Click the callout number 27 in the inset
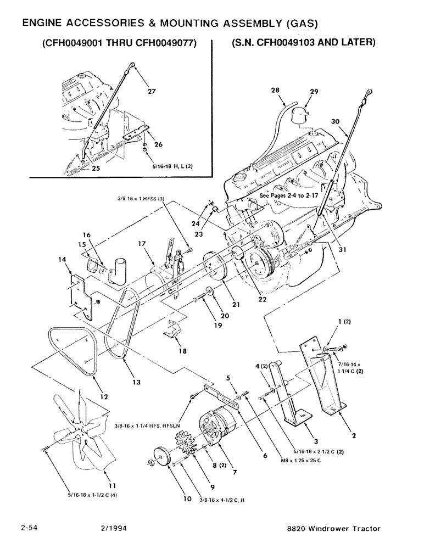point(152,92)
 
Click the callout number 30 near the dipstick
point(335,121)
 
